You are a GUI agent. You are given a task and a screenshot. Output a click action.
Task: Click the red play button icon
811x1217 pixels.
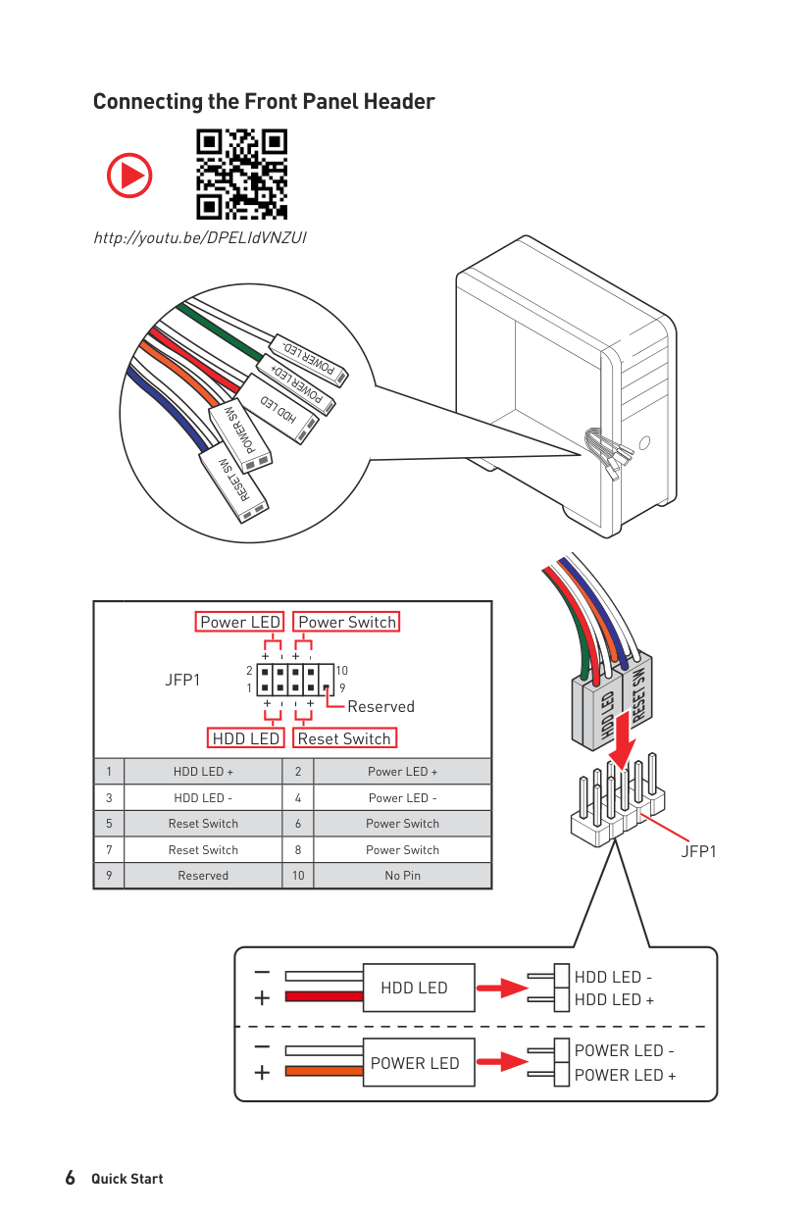coord(129,176)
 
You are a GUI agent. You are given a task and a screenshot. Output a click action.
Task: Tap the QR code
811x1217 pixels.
coord(242,174)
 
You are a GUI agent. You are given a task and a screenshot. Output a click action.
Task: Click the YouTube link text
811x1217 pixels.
coord(200,237)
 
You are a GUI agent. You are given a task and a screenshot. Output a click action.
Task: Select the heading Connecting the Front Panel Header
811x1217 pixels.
coord(264,102)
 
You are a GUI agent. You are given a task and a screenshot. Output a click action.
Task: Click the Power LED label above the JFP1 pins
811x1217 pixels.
coord(240,622)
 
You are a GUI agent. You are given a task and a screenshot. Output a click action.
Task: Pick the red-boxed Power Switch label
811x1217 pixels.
coord(347,622)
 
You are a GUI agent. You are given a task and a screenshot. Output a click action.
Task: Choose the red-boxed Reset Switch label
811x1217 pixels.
coord(344,738)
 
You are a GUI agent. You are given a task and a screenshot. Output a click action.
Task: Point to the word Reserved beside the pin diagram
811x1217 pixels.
coord(380,706)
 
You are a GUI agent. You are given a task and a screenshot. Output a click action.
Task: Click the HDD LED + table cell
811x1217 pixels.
coord(203,772)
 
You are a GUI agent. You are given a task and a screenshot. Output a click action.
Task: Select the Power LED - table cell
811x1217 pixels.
coord(402,797)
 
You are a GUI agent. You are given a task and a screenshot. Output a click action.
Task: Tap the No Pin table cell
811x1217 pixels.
coord(402,876)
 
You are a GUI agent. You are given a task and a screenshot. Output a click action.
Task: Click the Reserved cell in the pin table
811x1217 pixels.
coord(203,876)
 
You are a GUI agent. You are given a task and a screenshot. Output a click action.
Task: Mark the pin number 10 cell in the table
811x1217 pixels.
coord(298,876)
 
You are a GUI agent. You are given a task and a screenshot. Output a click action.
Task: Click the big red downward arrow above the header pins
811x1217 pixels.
coord(620,749)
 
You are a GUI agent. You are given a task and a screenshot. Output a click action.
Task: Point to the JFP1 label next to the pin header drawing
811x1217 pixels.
coord(699,851)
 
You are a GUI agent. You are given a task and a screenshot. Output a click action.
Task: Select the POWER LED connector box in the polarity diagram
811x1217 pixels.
coord(414,1063)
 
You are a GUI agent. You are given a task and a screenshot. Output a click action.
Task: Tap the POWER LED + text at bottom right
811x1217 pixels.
coord(625,1075)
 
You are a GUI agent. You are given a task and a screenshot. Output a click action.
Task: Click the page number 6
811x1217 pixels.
coord(70,1178)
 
